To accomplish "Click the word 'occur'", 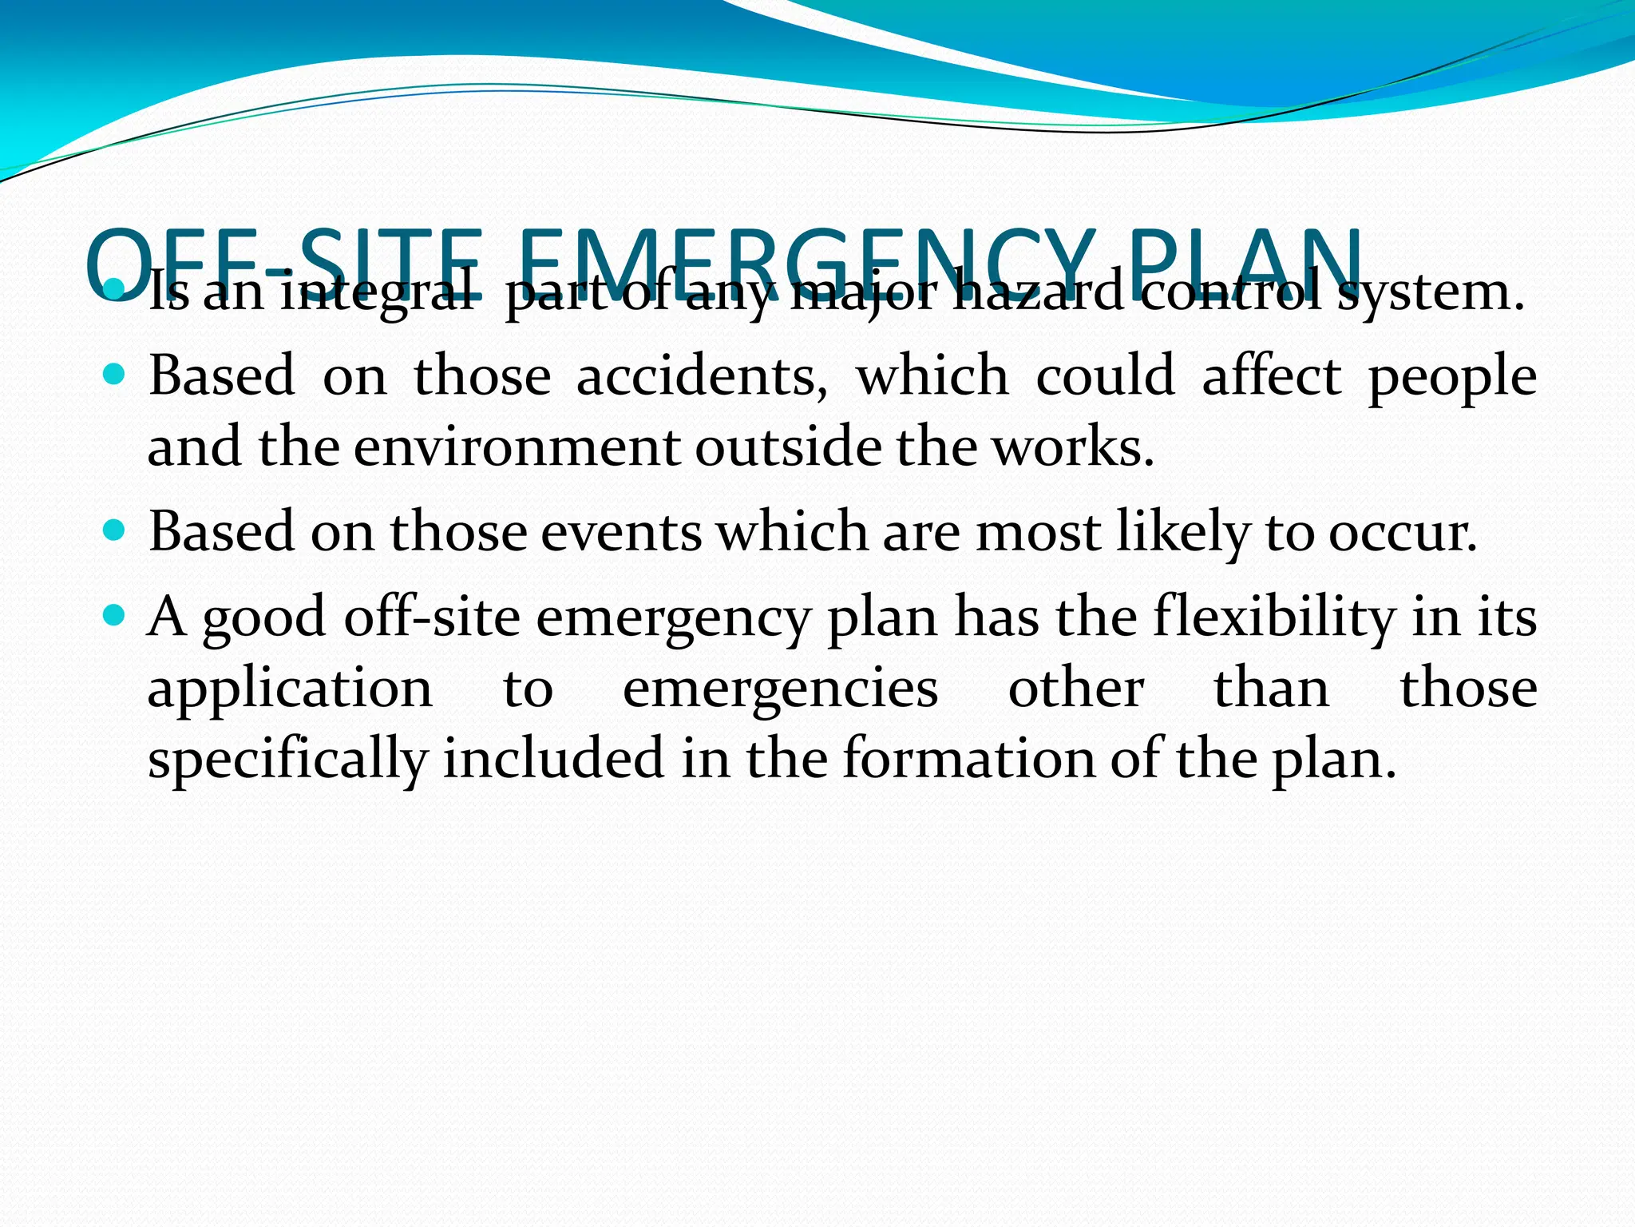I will click(1402, 532).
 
